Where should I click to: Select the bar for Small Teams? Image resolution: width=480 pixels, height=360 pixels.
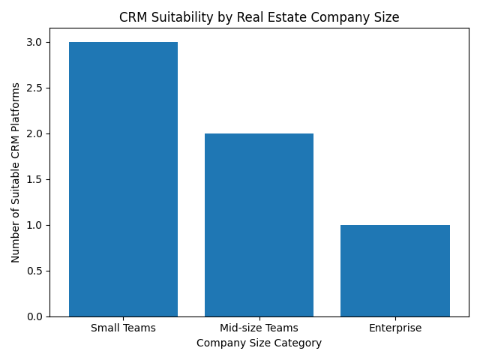point(123,179)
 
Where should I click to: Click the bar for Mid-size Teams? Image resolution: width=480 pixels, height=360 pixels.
point(259,225)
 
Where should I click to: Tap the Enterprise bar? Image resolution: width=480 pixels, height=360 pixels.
point(394,271)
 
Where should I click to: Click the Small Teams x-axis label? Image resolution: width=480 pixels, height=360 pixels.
point(123,328)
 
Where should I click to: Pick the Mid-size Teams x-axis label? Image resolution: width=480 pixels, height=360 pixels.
point(259,328)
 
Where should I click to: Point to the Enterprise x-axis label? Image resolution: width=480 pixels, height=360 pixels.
point(394,328)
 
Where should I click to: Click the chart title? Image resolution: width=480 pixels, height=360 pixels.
point(259,16)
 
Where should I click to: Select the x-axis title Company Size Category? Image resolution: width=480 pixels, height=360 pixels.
point(259,343)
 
